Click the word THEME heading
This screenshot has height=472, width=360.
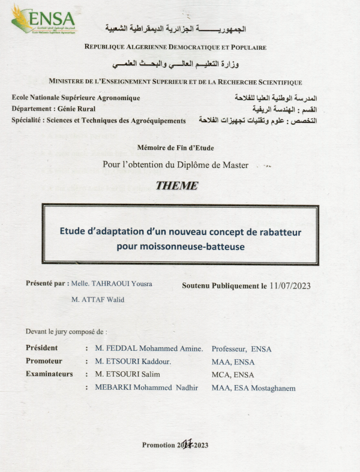click(x=176, y=186)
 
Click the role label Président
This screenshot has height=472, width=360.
click(x=42, y=348)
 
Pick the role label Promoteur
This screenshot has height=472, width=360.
click(x=44, y=361)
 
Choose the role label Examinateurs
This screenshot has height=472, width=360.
click(x=49, y=374)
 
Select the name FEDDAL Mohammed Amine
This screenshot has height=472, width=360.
click(x=149, y=348)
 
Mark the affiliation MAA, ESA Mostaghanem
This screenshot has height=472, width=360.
click(x=253, y=388)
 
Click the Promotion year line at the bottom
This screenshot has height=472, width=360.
click(x=175, y=444)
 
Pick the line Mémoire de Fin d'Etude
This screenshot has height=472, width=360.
click(x=175, y=147)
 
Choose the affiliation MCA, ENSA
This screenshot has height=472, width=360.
click(x=233, y=375)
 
